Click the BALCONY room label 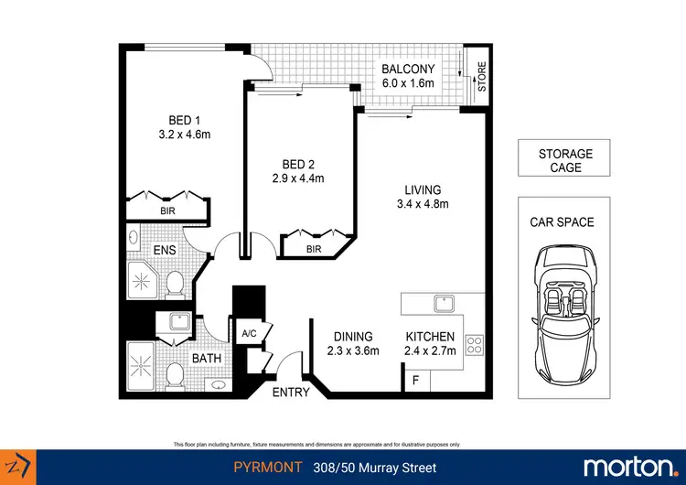pos(409,70)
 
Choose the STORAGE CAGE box pos(565,159)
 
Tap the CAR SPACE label pos(562,222)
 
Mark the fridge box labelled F pos(416,379)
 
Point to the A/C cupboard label pos(249,335)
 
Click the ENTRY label pos(291,393)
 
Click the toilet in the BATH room pos(174,373)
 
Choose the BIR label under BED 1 pos(167,211)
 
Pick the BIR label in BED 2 pos(314,249)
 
